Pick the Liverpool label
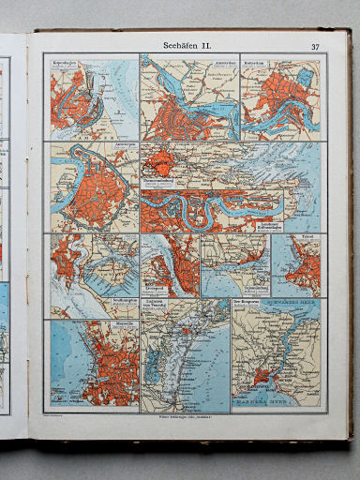pos(156,286)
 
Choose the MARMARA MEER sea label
pos(281,405)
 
